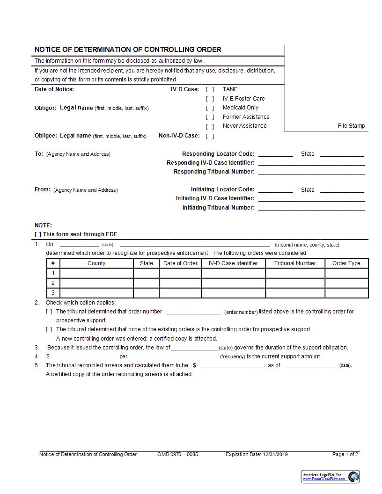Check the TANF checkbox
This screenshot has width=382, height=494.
click(x=210, y=89)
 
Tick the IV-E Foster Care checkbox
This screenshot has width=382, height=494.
click(x=210, y=99)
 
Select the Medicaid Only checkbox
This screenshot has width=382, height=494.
click(x=210, y=108)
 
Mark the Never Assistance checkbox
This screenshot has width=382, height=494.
click(x=210, y=126)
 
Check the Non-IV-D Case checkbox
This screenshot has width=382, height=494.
click(x=210, y=136)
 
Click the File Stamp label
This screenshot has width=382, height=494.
click(x=351, y=126)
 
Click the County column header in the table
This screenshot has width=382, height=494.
click(x=96, y=263)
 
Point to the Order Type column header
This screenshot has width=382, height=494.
click(x=346, y=263)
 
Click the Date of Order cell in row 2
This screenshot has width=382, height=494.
click(x=180, y=283)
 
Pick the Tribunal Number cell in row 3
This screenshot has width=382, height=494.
click(x=295, y=293)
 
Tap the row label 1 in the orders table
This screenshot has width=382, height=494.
click(x=53, y=273)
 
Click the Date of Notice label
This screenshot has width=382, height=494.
click(x=54, y=89)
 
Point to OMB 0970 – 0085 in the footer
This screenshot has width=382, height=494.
click(x=177, y=454)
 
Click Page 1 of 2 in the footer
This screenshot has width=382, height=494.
click(x=345, y=454)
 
